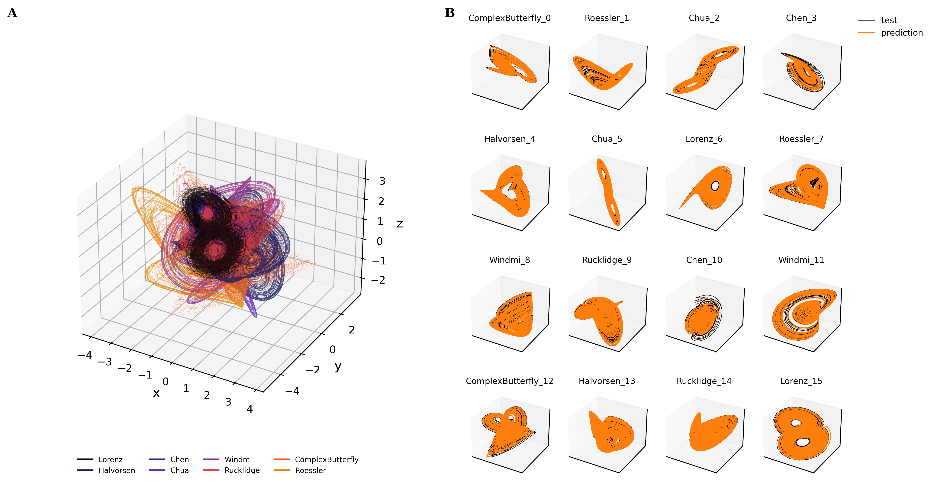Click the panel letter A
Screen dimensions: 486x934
[12, 13]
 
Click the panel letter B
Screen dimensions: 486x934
[450, 13]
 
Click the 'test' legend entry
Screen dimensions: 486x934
[889, 20]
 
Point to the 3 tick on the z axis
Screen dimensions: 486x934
[382, 181]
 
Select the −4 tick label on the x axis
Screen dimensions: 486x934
[85, 356]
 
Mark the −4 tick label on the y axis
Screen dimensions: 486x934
[292, 391]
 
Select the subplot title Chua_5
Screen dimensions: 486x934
[607, 139]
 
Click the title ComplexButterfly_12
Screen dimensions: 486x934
[509, 381]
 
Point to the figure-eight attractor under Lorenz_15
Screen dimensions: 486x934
[801, 433]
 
